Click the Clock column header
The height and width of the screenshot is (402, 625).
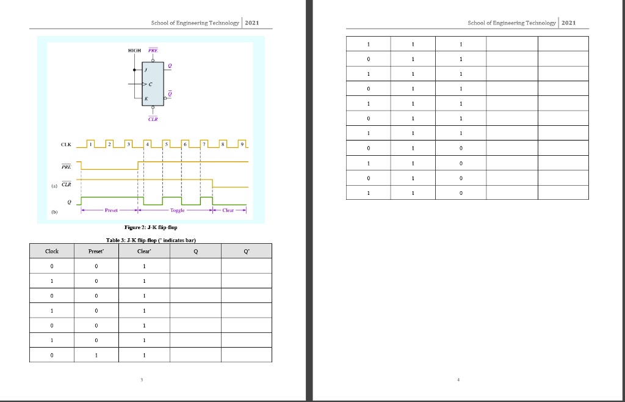pyautogui.click(x=52, y=251)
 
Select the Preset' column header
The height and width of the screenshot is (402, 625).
pyautogui.click(x=96, y=251)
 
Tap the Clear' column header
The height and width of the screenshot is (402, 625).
pyautogui.click(x=144, y=251)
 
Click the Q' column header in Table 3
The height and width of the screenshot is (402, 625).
pyautogui.click(x=247, y=251)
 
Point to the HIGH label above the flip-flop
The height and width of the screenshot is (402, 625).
pyautogui.click(x=134, y=51)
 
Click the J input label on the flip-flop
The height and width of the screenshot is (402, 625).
pyautogui.click(x=145, y=70)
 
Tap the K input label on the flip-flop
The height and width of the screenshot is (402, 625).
pyautogui.click(x=146, y=98)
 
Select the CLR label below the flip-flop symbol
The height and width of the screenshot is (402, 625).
pyautogui.click(x=153, y=119)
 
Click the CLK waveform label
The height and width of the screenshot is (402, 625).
pyautogui.click(x=66, y=145)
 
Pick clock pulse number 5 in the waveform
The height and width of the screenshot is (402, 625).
pyautogui.click(x=166, y=144)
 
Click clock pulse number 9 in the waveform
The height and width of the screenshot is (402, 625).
pyautogui.click(x=242, y=144)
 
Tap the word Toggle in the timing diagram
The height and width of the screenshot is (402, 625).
pyautogui.click(x=178, y=210)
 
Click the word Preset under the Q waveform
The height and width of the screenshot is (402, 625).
pyautogui.click(x=111, y=210)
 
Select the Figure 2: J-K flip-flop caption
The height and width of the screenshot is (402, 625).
pyautogui.click(x=151, y=227)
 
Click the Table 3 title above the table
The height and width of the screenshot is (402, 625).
pyautogui.click(x=151, y=240)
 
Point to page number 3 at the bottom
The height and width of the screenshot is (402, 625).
pyautogui.click(x=142, y=379)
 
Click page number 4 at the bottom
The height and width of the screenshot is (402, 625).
pyautogui.click(x=458, y=379)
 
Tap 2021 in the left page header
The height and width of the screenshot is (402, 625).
pyautogui.click(x=252, y=23)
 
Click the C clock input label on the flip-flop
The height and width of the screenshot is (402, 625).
pyautogui.click(x=150, y=84)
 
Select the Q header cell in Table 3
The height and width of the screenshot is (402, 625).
pyautogui.click(x=196, y=251)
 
